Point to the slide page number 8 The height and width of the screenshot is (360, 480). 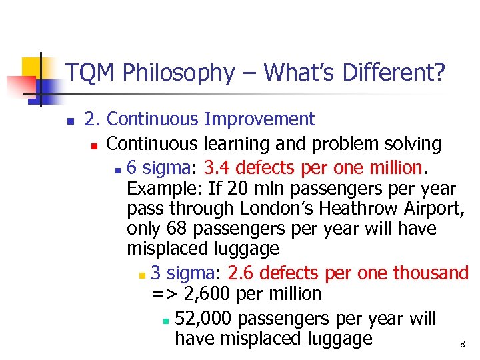[x=462, y=345]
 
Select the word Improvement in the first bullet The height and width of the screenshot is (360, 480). [x=259, y=119]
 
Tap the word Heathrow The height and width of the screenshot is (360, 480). [x=357, y=208]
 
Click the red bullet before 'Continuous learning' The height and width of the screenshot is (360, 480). [x=95, y=145]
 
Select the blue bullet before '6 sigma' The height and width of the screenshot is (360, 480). [x=117, y=167]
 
